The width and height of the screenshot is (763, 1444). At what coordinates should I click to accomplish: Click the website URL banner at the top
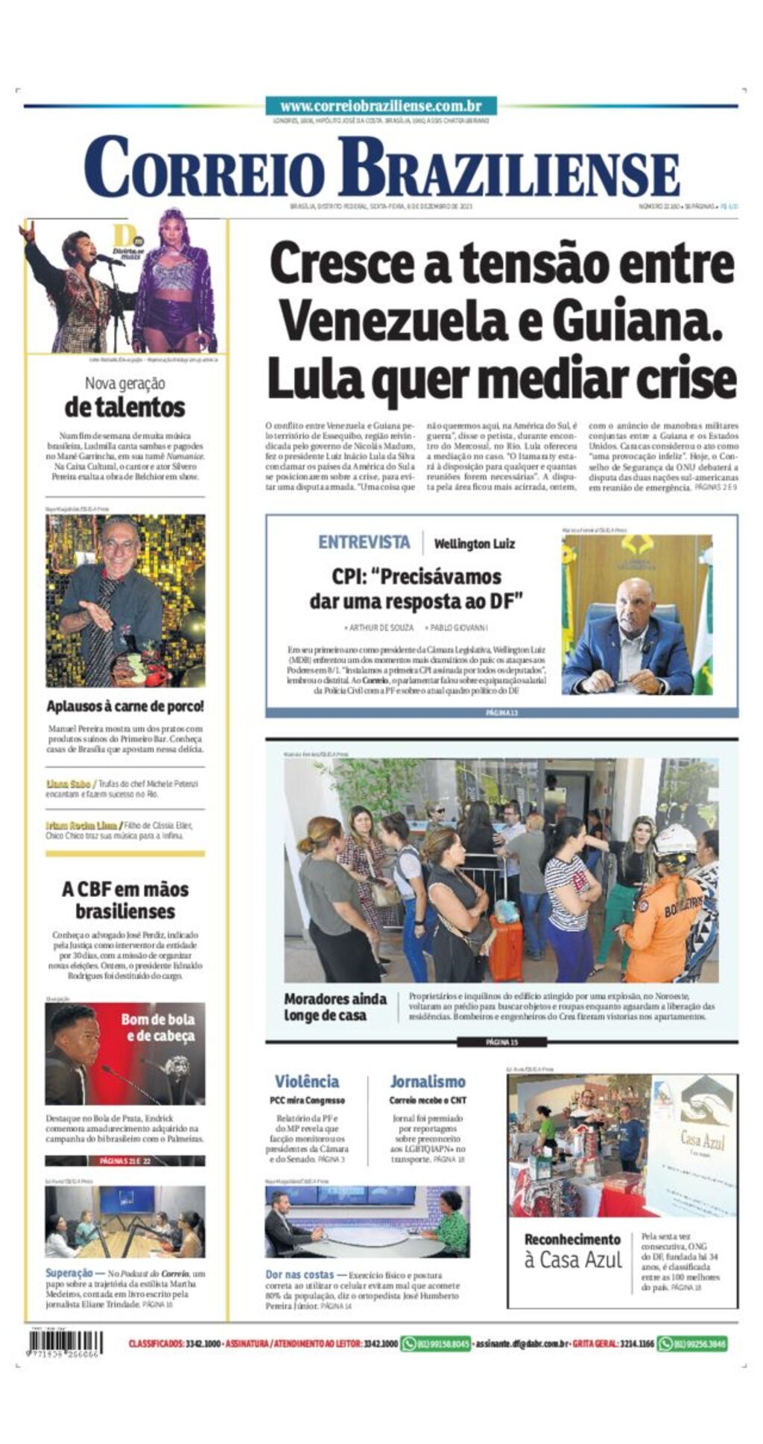[x=380, y=106]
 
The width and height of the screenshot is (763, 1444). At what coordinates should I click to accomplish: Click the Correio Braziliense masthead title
[x=381, y=168]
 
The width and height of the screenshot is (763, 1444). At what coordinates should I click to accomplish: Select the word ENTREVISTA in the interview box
[x=364, y=542]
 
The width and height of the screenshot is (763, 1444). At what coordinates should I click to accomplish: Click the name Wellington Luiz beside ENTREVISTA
[x=474, y=544]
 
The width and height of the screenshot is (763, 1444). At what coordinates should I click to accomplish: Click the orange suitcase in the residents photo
[x=506, y=947]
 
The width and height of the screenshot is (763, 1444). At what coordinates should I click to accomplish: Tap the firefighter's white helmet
[x=675, y=840]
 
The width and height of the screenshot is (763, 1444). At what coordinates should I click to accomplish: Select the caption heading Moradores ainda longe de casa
[x=335, y=1007]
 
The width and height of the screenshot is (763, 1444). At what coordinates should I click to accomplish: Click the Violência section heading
[x=306, y=1081]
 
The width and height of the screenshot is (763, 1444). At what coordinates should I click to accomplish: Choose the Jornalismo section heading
[x=427, y=1081]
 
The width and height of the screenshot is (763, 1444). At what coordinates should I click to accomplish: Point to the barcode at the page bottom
[x=65, y=1343]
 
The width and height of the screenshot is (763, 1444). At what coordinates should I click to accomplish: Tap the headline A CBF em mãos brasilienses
[x=125, y=900]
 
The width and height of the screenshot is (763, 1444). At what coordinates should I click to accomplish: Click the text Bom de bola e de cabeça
[x=158, y=1027]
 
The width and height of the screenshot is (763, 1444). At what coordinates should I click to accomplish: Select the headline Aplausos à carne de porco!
[x=124, y=706]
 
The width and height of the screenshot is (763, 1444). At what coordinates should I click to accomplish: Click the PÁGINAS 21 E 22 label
[x=124, y=1161]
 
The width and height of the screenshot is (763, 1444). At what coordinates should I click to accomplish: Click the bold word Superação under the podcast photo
[x=69, y=1273]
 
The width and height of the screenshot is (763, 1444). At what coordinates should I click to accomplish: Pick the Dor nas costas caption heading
[x=300, y=1275]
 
